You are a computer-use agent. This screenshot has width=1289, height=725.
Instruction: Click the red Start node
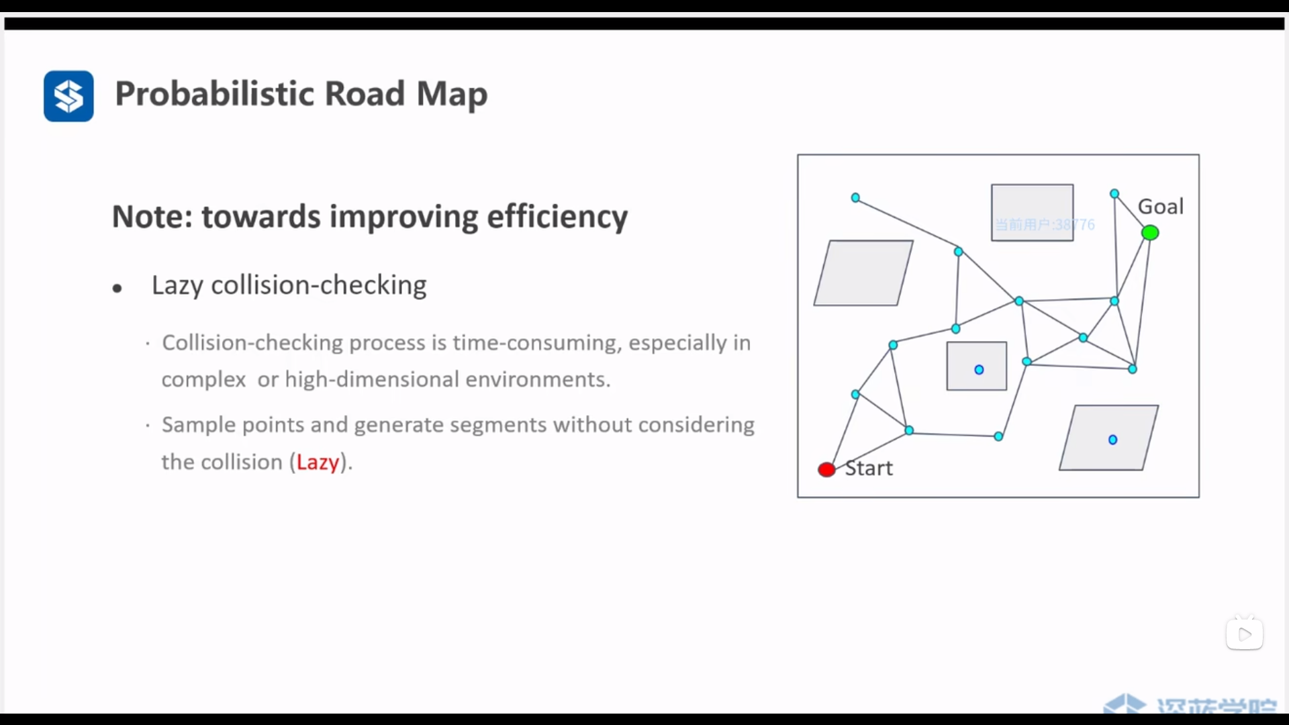[x=826, y=469]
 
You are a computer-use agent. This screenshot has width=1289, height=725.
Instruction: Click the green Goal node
[x=1150, y=233]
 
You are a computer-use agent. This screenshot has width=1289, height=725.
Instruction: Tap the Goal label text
[x=1161, y=206]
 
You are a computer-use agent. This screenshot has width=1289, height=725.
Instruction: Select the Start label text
[x=869, y=468]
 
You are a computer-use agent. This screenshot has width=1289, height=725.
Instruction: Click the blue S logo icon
[x=68, y=96]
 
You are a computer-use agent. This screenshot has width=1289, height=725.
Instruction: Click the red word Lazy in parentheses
[x=318, y=462]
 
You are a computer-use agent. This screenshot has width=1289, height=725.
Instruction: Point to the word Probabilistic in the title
[x=214, y=93]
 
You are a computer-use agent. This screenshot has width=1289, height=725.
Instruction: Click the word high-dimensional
[x=372, y=379]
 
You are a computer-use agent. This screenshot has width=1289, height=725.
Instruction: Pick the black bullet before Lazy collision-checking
[x=117, y=289]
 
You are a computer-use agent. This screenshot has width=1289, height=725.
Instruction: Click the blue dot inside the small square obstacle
[x=979, y=369]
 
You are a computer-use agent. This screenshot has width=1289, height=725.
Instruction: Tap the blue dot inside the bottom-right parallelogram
[x=1112, y=440]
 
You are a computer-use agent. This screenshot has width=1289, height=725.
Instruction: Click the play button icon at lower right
[x=1245, y=634]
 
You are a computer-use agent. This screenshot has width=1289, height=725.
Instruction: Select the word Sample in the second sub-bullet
[x=199, y=425]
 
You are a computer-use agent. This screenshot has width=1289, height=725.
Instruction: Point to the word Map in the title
[x=452, y=93]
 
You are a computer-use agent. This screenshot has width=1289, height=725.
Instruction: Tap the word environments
[x=538, y=379]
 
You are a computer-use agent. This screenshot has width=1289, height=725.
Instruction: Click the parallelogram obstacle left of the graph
[x=863, y=273]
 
